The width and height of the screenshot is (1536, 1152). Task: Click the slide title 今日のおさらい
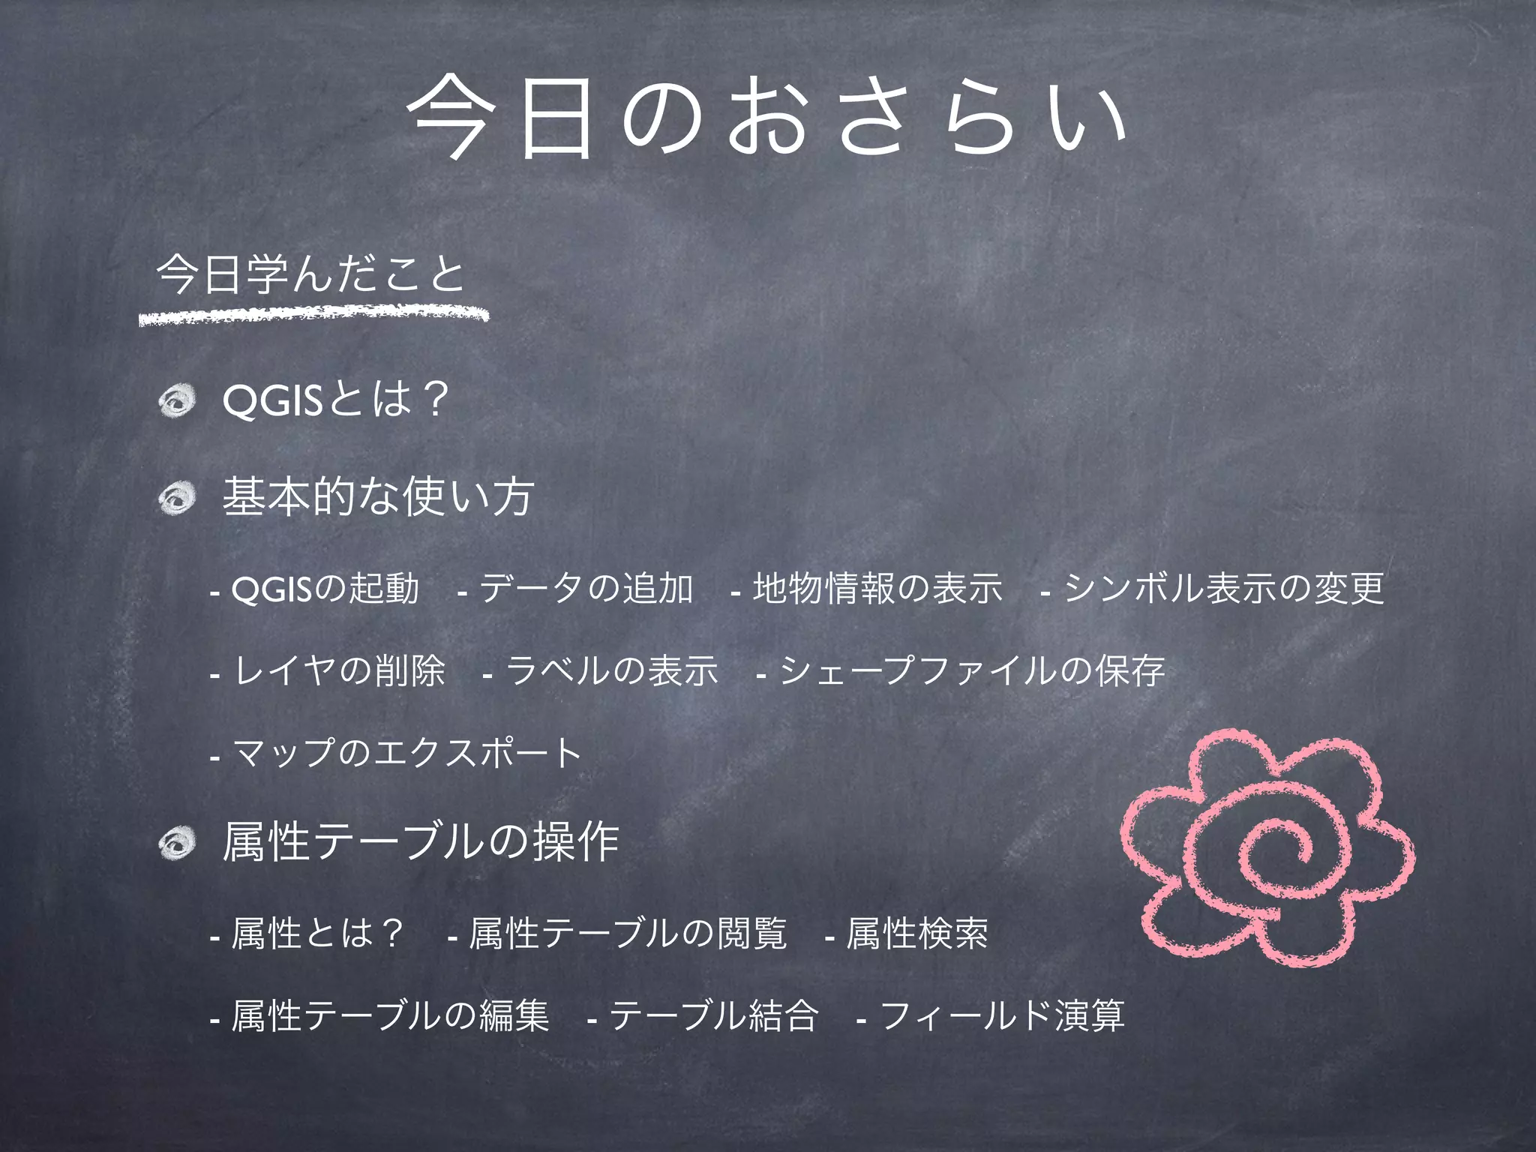pyautogui.click(x=766, y=118)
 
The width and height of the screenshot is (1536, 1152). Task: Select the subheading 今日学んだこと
pyautogui.click(x=310, y=274)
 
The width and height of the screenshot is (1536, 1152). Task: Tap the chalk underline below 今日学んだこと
pyautogui.click(x=313, y=313)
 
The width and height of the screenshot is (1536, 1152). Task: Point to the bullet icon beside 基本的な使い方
pyautogui.click(x=177, y=498)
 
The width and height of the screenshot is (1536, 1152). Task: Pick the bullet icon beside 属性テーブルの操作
pyautogui.click(x=177, y=843)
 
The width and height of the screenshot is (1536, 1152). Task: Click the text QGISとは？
pyautogui.click(x=336, y=399)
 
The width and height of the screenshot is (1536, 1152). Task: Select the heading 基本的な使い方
pyautogui.click(x=378, y=496)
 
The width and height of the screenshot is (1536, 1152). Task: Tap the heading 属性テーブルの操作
pyautogui.click(x=421, y=841)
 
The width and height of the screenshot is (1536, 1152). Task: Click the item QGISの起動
pyautogui.click(x=324, y=589)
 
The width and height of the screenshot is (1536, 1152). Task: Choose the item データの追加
pyautogui.click(x=585, y=589)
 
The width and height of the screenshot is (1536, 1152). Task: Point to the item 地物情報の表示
pyautogui.click(x=877, y=589)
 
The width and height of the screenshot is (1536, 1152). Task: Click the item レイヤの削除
pyautogui.click(x=339, y=671)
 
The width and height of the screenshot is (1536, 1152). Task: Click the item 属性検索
pyautogui.click(x=916, y=934)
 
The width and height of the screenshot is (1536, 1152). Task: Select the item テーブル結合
pyautogui.click(x=712, y=1017)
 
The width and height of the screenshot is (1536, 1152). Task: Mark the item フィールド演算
pyautogui.click(x=1001, y=1017)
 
